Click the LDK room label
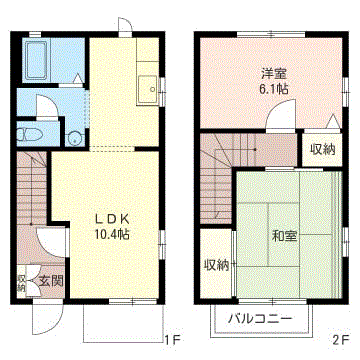[112, 220]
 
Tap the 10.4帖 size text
[112, 235]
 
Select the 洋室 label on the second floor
[275, 73]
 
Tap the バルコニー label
[260, 319]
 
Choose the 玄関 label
[51, 282]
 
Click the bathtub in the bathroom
[36, 60]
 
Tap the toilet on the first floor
[30, 134]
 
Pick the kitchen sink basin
[147, 90]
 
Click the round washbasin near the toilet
[74, 139]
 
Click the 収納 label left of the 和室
[216, 266]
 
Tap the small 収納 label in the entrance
[21, 283]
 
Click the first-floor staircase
[32, 188]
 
